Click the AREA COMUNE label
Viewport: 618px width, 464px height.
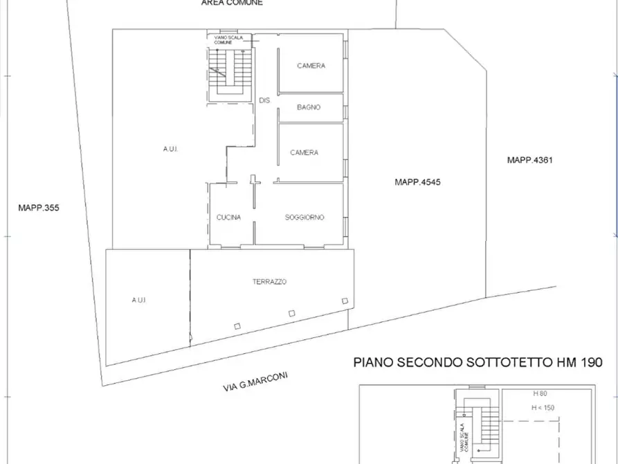(x=232, y=3)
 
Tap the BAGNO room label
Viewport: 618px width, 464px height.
(x=309, y=107)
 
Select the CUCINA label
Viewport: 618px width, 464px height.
(x=228, y=217)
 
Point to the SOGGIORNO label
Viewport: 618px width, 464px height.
(x=305, y=217)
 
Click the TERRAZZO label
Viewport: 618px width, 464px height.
(x=270, y=282)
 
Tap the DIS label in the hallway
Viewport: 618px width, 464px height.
(x=264, y=100)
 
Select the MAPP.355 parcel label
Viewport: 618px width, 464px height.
(x=39, y=206)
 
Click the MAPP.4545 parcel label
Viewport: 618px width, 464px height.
(x=417, y=183)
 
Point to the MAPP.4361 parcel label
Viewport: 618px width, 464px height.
(x=529, y=160)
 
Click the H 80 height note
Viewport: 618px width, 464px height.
(x=540, y=393)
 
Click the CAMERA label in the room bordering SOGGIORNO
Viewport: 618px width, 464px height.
(x=304, y=153)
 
